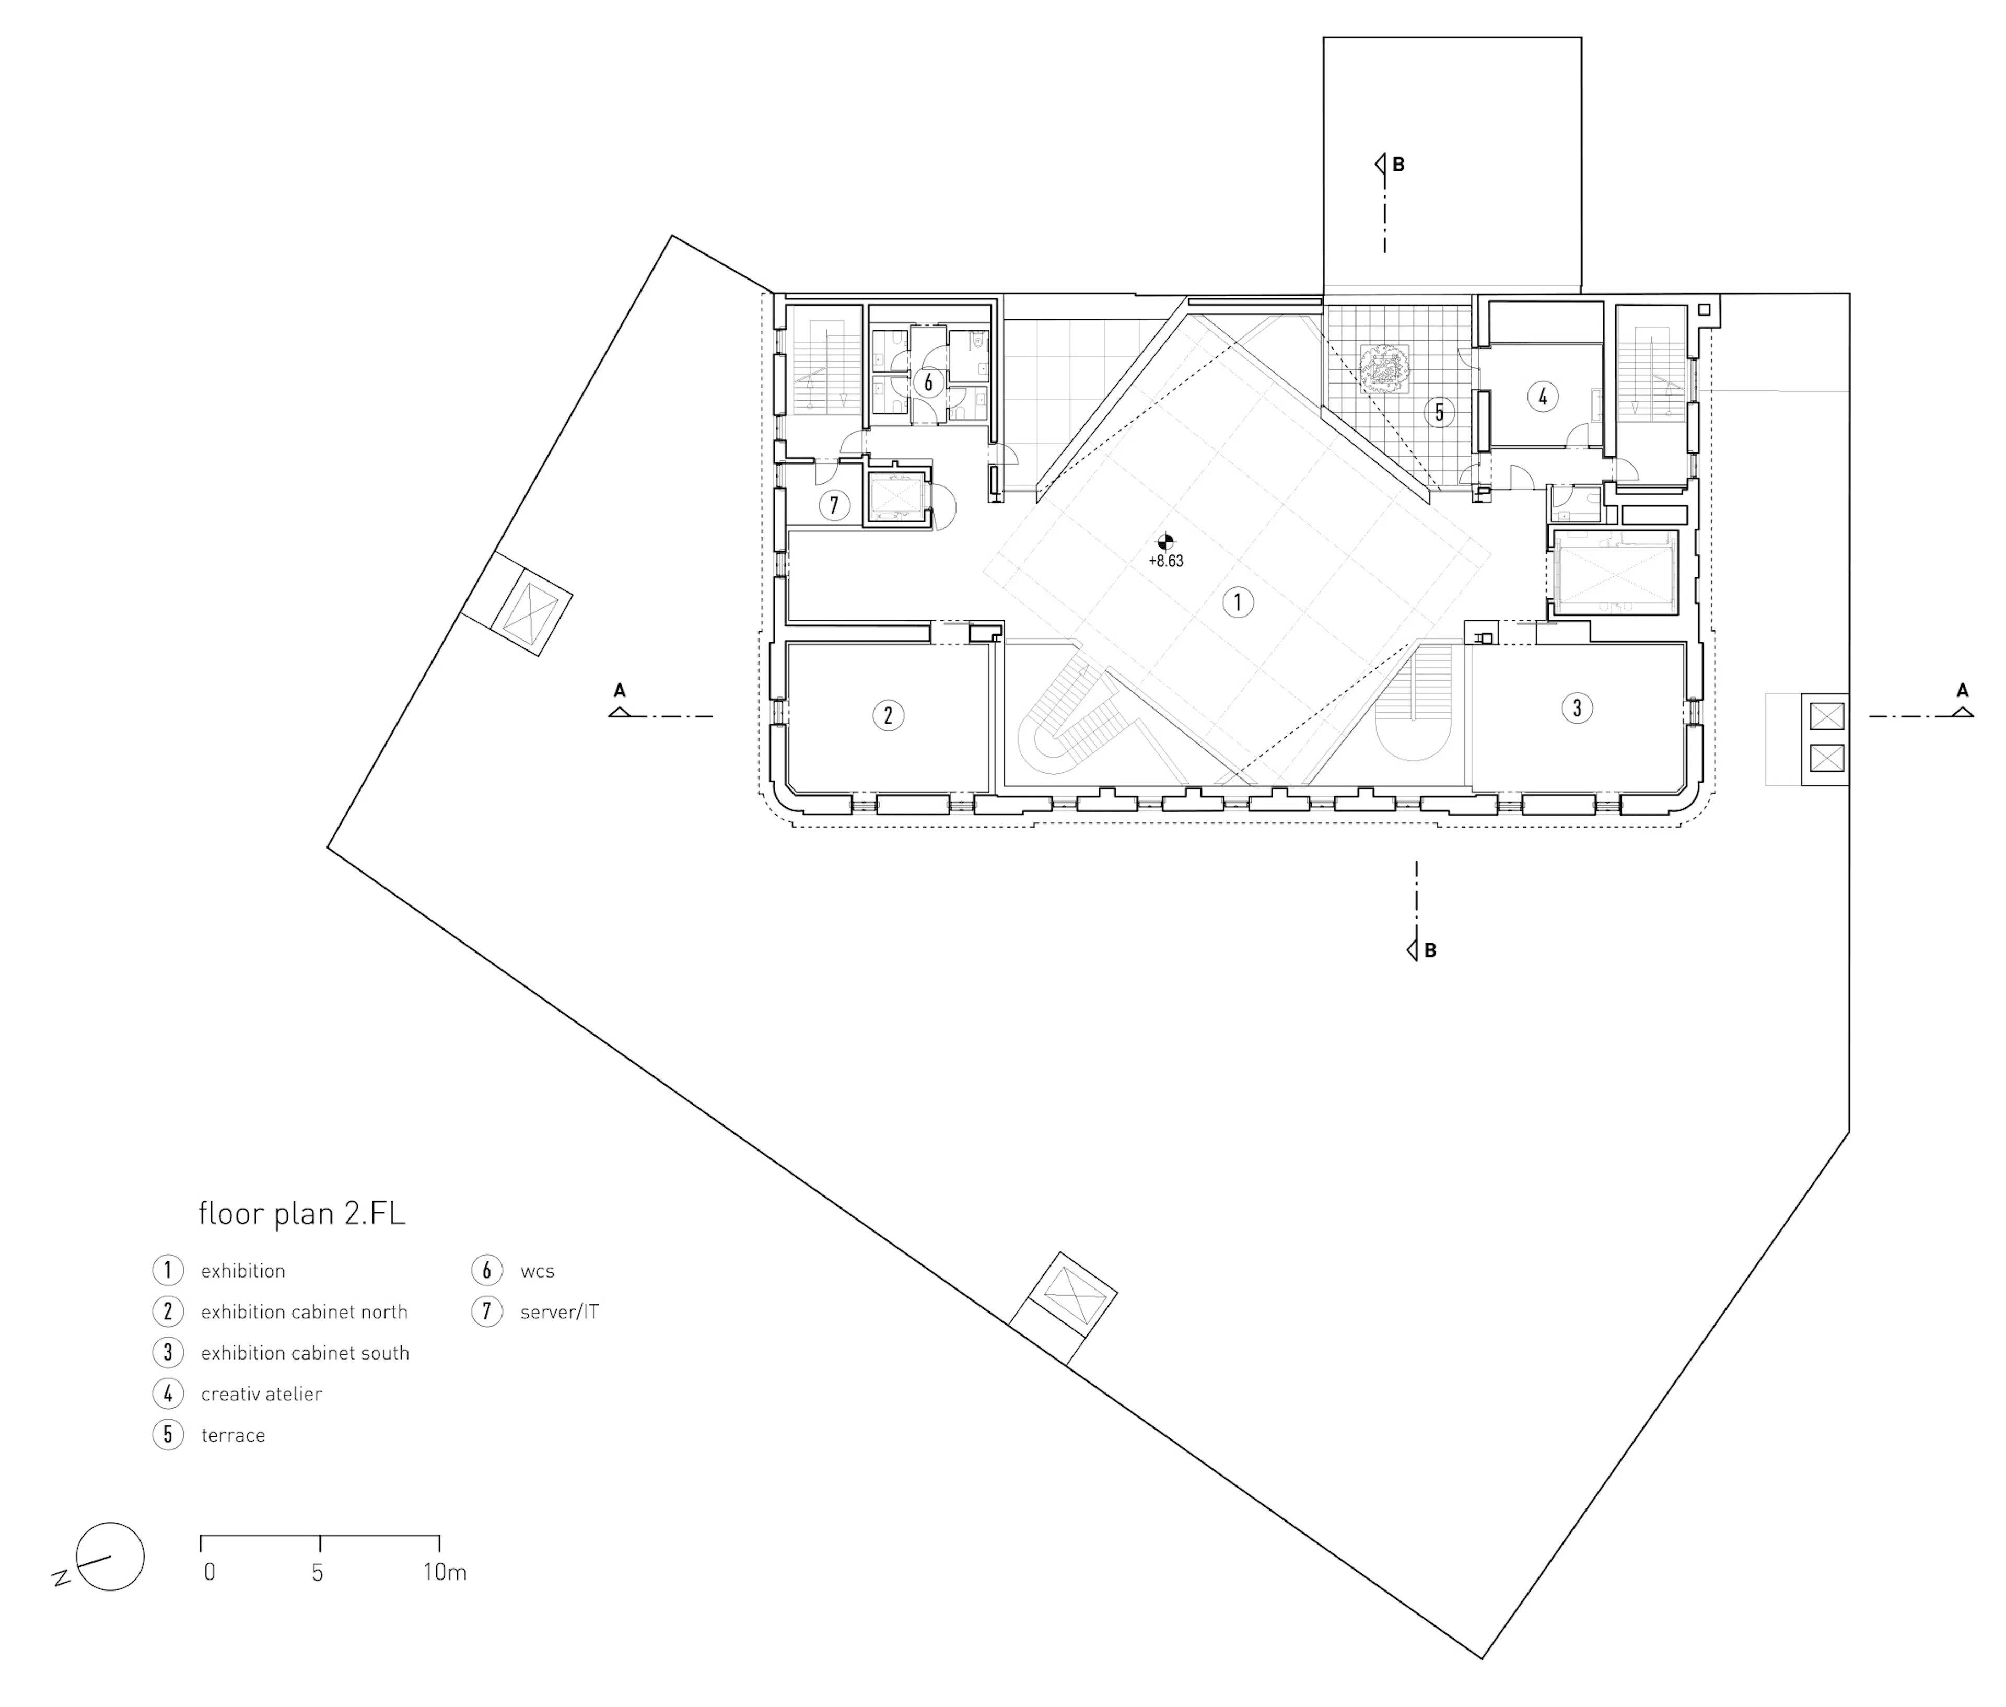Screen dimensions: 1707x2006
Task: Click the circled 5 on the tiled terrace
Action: (1439, 412)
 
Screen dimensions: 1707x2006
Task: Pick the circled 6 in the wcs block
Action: (928, 382)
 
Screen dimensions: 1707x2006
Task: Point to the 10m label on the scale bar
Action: (444, 1573)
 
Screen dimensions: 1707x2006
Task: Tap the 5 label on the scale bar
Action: (318, 1573)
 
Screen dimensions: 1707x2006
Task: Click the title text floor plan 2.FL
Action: (301, 1213)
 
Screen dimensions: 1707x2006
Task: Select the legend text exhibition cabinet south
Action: (305, 1353)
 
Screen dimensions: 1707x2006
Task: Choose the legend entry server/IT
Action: (559, 1312)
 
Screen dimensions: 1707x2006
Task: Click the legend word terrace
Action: (233, 1435)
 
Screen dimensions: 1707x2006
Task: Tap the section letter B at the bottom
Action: (1430, 950)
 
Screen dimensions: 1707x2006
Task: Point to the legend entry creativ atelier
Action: (261, 1395)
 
